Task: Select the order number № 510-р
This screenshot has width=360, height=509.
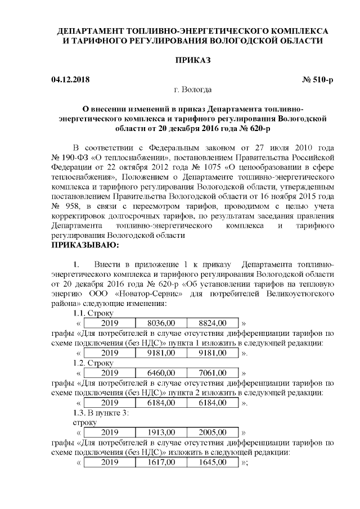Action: click(x=318, y=80)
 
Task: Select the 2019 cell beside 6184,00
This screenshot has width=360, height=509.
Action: click(x=110, y=403)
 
